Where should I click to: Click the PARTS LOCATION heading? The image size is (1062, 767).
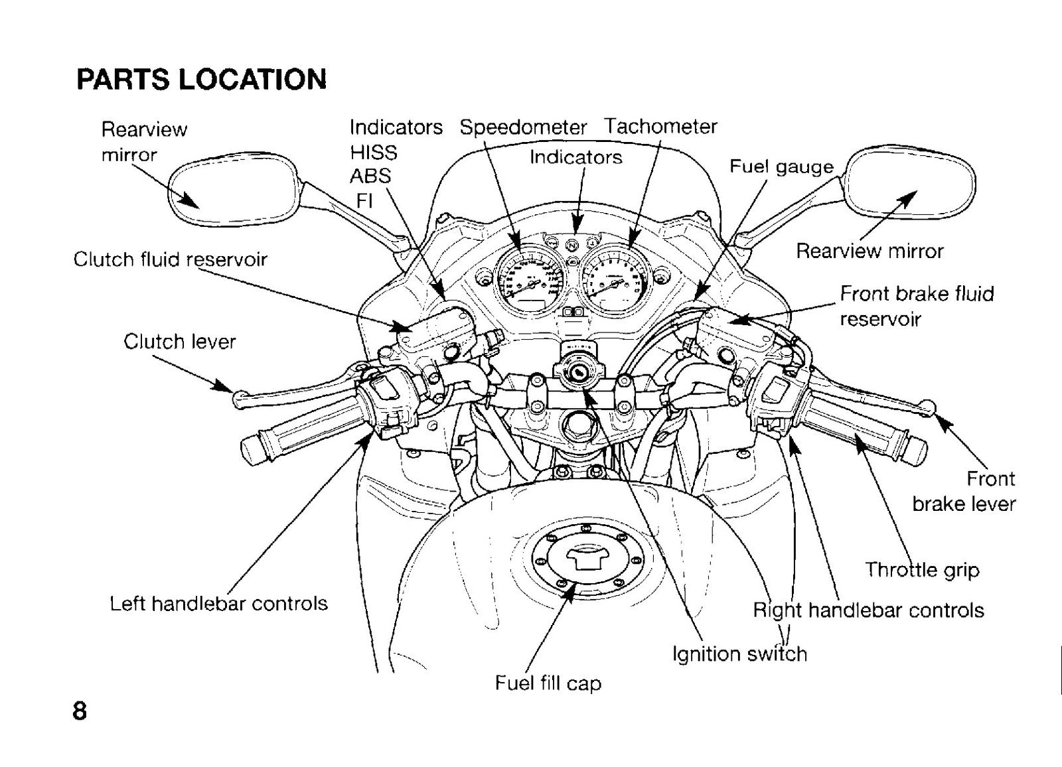pyautogui.click(x=202, y=79)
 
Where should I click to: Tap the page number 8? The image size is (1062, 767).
pyautogui.click(x=80, y=711)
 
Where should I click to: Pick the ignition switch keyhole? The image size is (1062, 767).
pyautogui.click(x=578, y=373)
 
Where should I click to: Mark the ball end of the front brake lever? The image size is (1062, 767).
pyautogui.click(x=927, y=407)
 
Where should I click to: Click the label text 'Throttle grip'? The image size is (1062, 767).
pyautogui.click(x=922, y=570)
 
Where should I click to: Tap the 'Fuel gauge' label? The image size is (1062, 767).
pyautogui.click(x=781, y=167)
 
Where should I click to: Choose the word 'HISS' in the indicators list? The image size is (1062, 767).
pyautogui.click(x=374, y=153)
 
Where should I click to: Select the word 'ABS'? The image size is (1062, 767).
pyautogui.click(x=370, y=176)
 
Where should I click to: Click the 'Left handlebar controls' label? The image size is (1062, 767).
pyautogui.click(x=218, y=604)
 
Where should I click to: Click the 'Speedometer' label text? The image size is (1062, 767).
pyautogui.click(x=523, y=127)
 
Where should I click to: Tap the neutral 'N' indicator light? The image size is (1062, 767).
pyautogui.click(x=573, y=245)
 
